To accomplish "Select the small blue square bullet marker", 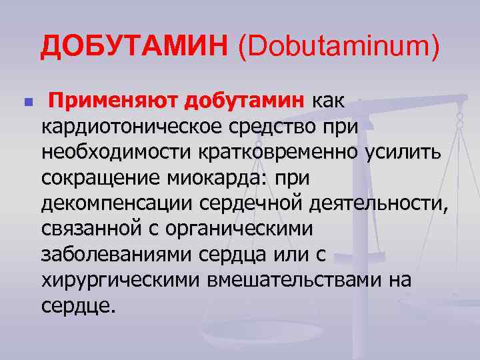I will [x=27, y=103].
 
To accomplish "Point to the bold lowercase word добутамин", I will [x=246, y=101].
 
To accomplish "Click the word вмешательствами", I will [x=289, y=279].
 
